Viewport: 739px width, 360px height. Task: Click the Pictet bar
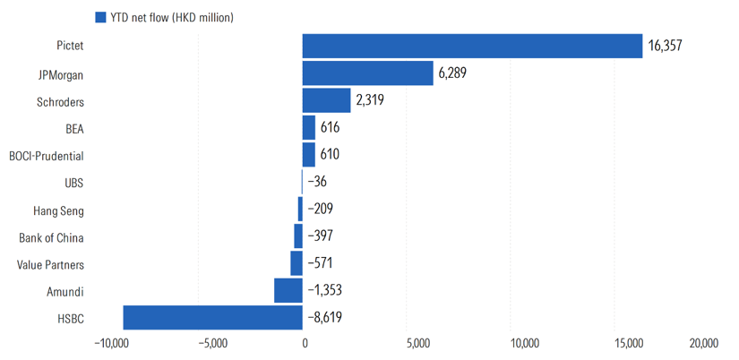tap(472, 46)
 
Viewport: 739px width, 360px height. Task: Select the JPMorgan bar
tap(367, 73)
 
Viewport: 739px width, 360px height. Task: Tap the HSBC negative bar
tap(212, 318)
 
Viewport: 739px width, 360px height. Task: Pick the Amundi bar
tap(288, 290)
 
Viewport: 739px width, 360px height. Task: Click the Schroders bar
tap(326, 100)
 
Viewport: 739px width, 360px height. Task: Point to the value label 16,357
tap(665, 47)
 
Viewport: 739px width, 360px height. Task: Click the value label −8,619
tap(325, 318)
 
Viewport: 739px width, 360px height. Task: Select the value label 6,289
tap(452, 73)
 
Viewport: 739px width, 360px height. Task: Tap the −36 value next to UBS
tap(317, 182)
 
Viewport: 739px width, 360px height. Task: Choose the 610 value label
tap(330, 155)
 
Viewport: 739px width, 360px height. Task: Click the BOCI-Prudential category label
tap(47, 156)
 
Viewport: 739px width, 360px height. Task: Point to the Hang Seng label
tap(59, 210)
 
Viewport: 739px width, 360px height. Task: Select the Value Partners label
tap(50, 265)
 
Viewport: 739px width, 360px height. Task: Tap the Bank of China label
tap(51, 237)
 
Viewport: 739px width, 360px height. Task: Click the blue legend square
tap(100, 17)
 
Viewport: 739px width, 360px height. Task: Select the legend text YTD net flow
tap(139, 18)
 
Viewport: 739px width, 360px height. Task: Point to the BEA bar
tap(309, 128)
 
